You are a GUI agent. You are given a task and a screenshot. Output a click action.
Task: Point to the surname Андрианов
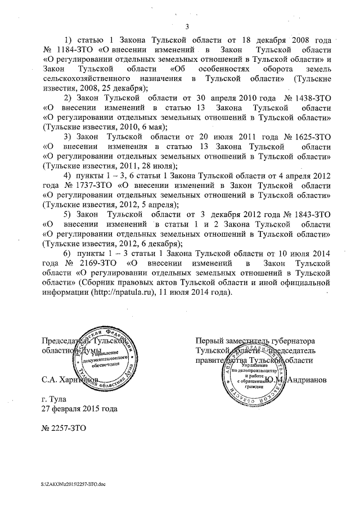[307, 380]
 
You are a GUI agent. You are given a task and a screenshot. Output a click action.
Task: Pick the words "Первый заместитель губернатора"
[255, 341]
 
